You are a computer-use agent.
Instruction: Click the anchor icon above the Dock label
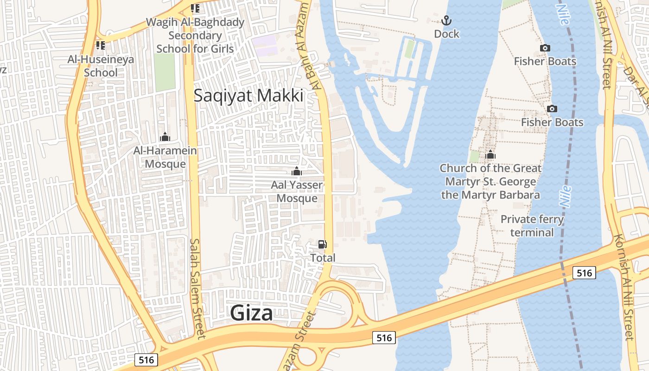coord(446,20)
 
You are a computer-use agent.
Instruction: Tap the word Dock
coord(446,34)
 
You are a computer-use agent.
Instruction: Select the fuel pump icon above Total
coord(322,244)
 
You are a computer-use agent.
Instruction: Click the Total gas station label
coord(323,258)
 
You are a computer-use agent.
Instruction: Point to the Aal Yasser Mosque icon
coord(297,172)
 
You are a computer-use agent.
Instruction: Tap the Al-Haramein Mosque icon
coord(165,137)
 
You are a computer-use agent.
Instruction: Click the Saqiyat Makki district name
coord(248,96)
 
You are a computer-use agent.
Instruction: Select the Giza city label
coord(252,313)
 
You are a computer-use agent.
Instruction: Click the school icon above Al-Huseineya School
coord(100,45)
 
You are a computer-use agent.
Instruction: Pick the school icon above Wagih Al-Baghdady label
coord(195,8)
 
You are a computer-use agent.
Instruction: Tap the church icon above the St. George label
coord(490,155)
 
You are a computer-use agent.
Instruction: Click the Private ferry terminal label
coord(532,225)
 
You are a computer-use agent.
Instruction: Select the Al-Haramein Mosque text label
coord(165,157)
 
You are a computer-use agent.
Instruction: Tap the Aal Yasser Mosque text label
coord(297,192)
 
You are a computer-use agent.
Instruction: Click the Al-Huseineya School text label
coord(101,66)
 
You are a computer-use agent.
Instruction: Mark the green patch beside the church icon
coord(474,156)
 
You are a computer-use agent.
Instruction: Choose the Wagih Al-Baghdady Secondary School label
coord(195,35)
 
